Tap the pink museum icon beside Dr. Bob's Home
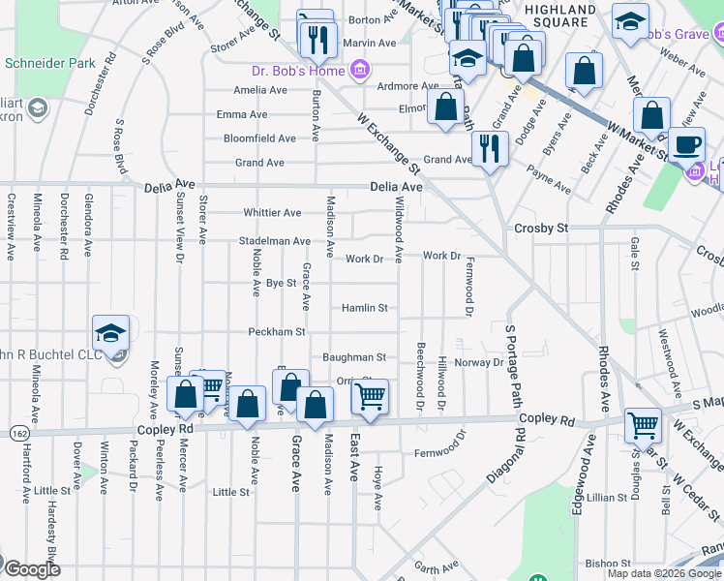click(359, 70)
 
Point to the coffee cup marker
click(687, 145)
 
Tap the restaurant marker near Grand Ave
click(490, 148)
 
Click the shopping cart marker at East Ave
click(369, 395)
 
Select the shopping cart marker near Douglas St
click(643, 423)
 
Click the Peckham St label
click(276, 331)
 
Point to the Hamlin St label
click(364, 308)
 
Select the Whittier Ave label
click(272, 212)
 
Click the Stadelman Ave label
click(276, 241)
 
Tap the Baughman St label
click(354, 357)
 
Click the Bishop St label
click(608, 563)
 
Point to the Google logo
click(31, 569)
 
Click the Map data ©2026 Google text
click(663, 573)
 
